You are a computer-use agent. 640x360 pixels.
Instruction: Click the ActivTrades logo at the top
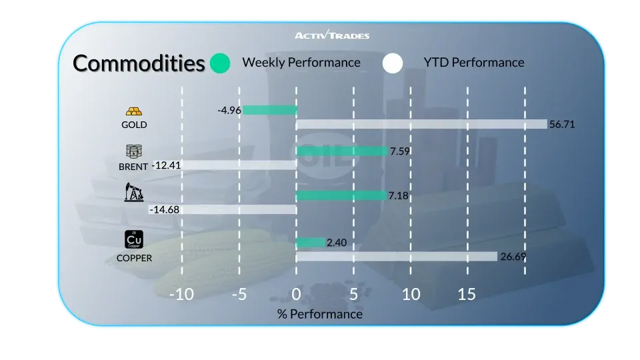point(331,35)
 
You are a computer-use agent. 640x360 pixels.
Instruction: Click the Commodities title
point(139,63)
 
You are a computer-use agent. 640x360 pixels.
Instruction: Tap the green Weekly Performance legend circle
point(219,63)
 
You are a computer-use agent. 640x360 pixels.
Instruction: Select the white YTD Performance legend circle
point(393,63)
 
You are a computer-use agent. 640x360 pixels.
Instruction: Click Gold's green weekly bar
point(269,110)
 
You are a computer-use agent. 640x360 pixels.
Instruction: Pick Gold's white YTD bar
point(421,124)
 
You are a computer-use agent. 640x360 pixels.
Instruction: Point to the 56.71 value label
point(561,124)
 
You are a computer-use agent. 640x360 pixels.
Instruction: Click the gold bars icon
point(134,111)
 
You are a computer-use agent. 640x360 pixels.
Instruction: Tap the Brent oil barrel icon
point(134,151)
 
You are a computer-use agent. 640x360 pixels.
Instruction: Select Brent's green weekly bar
point(341,151)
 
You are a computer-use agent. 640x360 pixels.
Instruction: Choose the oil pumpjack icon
point(133,193)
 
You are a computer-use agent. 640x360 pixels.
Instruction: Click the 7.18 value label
point(398,195)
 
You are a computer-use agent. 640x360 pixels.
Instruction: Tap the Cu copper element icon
point(134,239)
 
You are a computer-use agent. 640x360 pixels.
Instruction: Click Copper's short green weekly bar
point(311,243)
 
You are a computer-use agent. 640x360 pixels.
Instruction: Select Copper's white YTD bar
point(397,257)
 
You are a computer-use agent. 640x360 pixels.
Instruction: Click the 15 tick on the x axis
point(467,294)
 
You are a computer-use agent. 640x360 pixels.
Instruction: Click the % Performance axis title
point(320,313)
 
